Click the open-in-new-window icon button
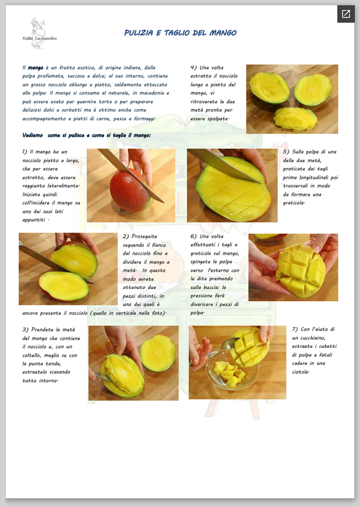click(346, 14)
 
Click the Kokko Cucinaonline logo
click(39, 34)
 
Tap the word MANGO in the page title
click(223, 33)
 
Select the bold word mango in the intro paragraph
click(35, 68)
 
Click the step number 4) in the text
click(193, 68)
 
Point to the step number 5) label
click(286, 151)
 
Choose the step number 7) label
click(295, 329)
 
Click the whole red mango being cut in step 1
click(130, 191)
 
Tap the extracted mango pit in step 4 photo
click(295, 119)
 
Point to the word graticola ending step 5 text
click(294, 203)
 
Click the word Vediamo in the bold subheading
click(33, 135)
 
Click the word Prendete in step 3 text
click(42, 330)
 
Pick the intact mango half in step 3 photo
click(158, 353)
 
